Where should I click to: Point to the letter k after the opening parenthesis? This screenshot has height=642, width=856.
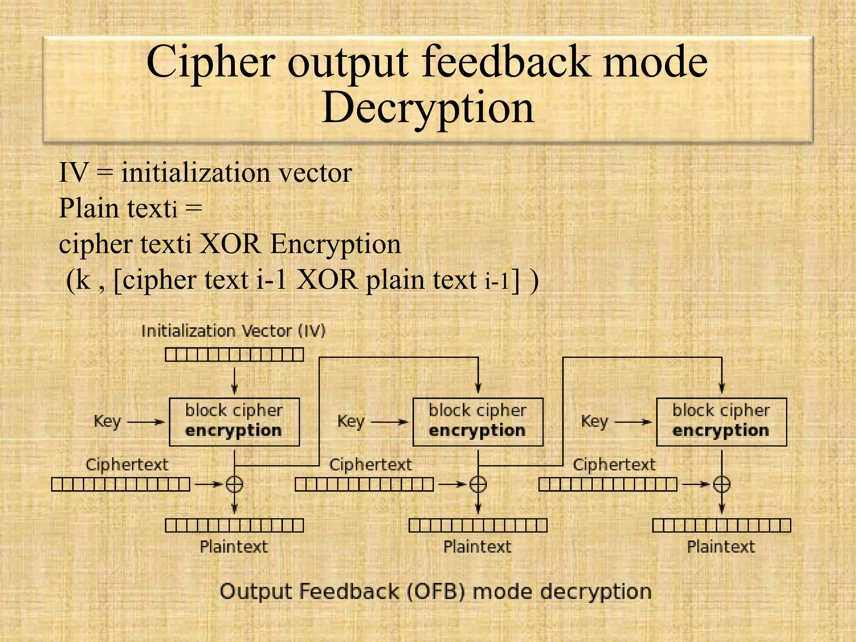[83, 279]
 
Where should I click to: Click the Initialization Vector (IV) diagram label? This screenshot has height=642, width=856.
[233, 331]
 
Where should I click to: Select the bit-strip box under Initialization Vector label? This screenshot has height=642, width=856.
[234, 355]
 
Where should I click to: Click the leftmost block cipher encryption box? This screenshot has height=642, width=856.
[234, 422]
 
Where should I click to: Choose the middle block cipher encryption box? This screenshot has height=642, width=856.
[478, 422]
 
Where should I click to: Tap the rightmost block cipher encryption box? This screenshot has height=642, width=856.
[721, 422]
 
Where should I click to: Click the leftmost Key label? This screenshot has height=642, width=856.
[107, 421]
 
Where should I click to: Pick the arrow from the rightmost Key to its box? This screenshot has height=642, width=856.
[633, 422]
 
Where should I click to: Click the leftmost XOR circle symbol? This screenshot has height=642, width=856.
[234, 484]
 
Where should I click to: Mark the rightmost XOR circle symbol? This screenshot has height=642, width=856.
[721, 484]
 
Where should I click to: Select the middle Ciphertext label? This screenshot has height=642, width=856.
[370, 465]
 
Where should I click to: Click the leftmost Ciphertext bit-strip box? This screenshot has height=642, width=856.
[120, 484]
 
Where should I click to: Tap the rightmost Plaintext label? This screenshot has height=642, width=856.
[721, 547]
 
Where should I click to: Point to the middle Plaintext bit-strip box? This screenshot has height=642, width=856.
[478, 525]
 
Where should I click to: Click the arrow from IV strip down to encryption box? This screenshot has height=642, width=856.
[234, 380]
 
